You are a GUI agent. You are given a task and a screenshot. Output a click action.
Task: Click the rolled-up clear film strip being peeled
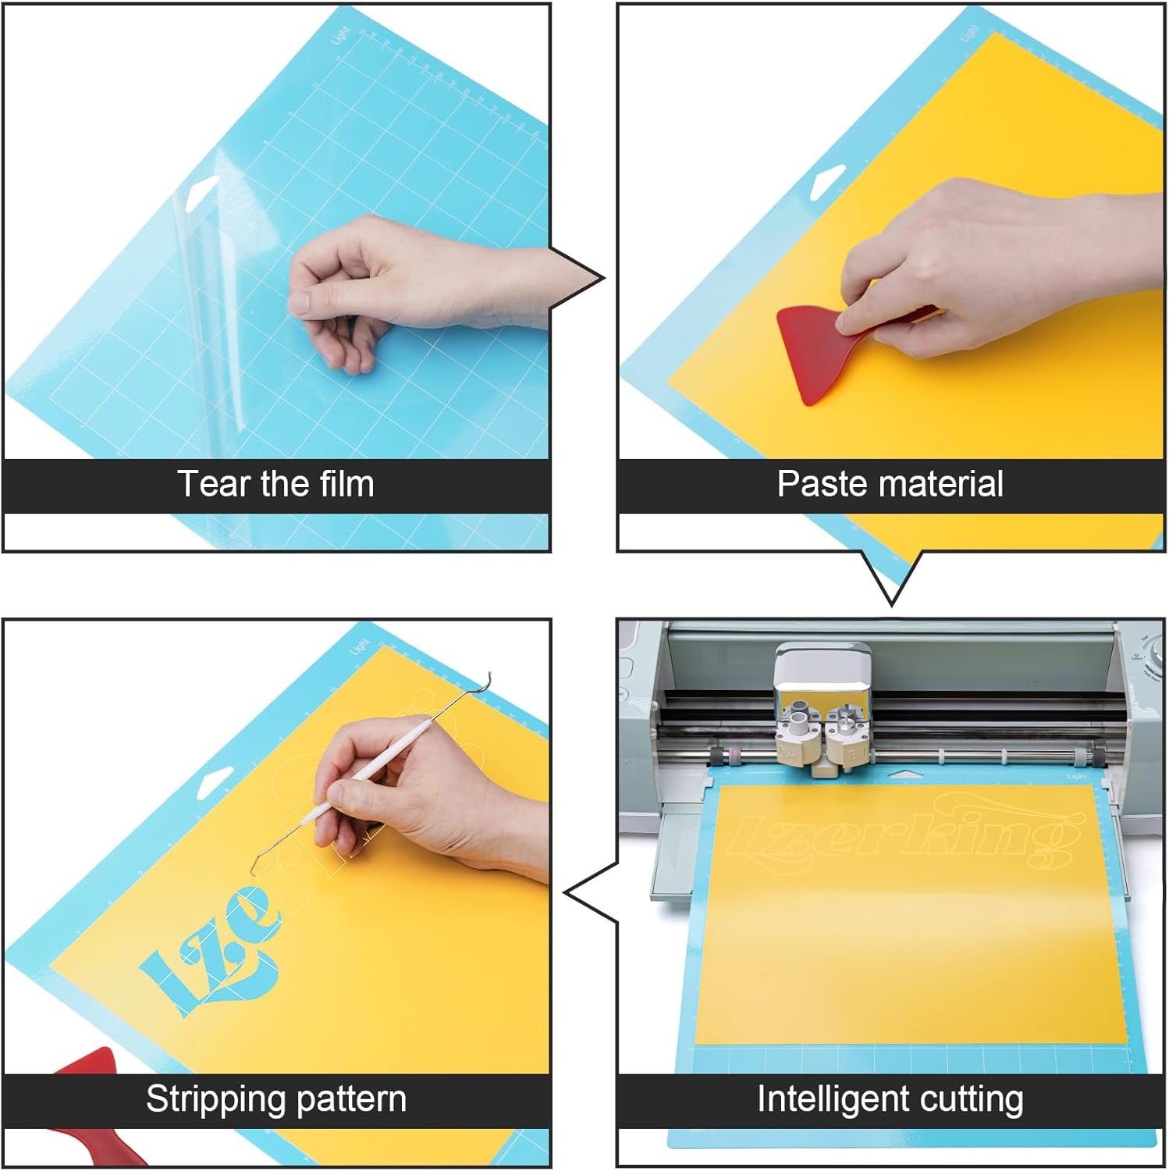207,312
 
